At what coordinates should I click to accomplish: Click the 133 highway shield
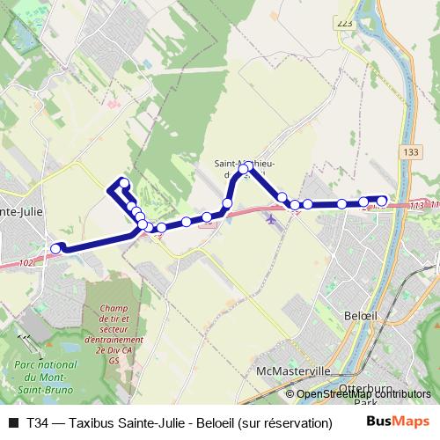tap(409, 152)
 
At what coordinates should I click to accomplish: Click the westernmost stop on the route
tap(55, 249)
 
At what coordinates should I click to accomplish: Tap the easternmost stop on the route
tap(382, 201)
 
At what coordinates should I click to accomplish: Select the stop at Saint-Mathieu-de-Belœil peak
tap(245, 168)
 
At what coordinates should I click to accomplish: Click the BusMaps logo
tap(397, 422)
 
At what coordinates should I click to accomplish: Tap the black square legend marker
tap(12, 423)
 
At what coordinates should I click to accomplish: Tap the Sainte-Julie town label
tap(19, 212)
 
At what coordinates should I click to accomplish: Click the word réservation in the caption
tap(298, 423)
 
